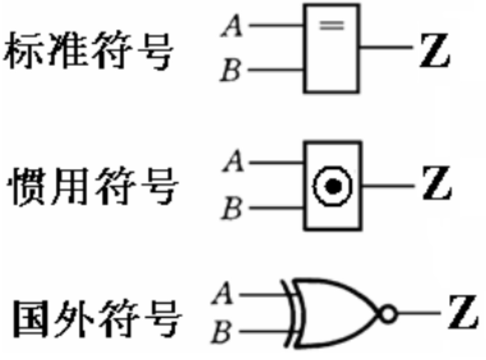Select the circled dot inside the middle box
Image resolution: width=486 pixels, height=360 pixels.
click(332, 187)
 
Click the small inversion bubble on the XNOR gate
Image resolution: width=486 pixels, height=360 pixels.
click(388, 314)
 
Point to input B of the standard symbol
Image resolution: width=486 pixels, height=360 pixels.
click(230, 71)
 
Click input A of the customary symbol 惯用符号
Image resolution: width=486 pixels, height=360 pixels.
click(232, 164)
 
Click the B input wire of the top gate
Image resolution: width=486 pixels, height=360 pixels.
click(276, 69)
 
